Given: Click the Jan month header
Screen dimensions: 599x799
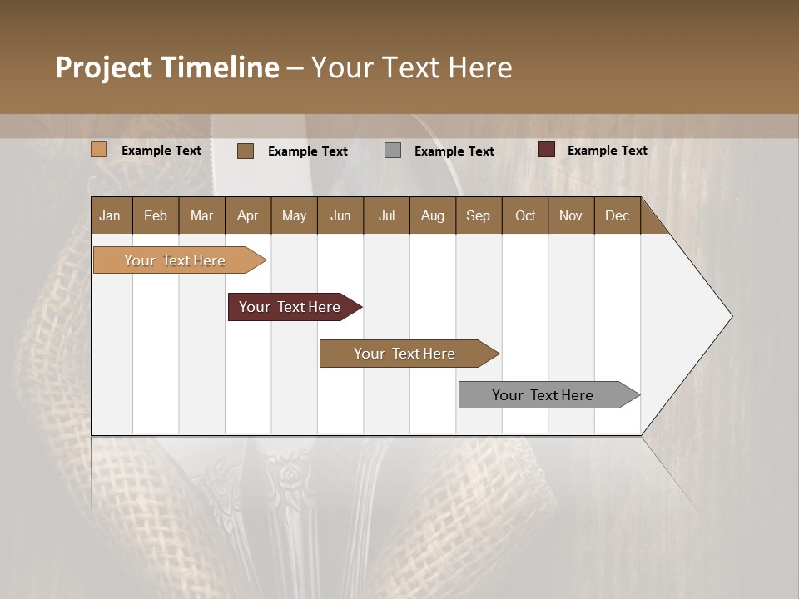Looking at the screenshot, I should point(110,216).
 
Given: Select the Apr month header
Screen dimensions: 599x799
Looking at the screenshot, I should point(247,216).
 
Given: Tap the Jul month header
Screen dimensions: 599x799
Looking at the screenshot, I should point(386,216).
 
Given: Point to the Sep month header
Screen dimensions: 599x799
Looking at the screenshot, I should point(478,216).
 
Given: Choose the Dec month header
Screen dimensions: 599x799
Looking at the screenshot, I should point(617,216).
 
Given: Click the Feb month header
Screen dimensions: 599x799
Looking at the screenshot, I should point(156,216).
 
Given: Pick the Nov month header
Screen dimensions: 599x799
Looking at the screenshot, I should point(570,216).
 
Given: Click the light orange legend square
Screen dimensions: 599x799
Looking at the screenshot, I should point(99,150).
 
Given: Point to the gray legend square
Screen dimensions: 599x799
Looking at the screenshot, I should point(393,151).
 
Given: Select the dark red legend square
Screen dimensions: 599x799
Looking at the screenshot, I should point(547,150).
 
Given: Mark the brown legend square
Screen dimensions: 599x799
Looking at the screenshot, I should point(246,151).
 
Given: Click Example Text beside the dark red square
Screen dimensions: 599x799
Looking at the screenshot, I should point(607,151).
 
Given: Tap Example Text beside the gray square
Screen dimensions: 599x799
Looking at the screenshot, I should point(454,151).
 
